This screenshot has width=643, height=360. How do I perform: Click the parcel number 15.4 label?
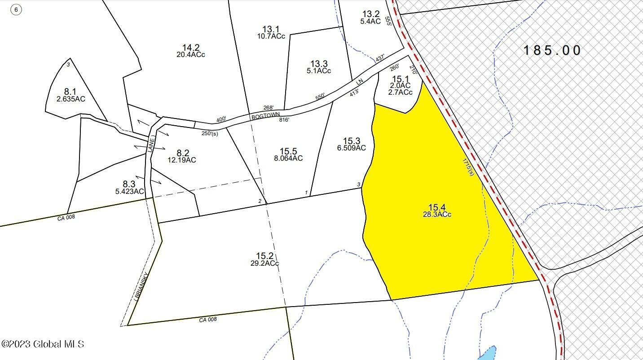pos(436,207)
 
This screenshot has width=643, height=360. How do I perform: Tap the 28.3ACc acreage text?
pos(436,215)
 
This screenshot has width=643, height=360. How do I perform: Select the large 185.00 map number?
pos(552,50)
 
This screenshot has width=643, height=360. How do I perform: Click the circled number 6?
pos(16,9)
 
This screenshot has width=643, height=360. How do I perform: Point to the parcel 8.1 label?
pos(70,92)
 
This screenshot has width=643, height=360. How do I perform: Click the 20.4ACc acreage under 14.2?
pos(191,55)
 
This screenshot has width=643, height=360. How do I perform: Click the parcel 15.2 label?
pos(264,256)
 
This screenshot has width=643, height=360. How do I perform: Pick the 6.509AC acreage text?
pos(352,148)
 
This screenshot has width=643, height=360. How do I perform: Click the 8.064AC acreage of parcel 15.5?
pos(288,158)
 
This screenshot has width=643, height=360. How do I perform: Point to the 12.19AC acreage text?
pos(181,160)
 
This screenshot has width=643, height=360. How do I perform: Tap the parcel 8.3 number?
pos(129,184)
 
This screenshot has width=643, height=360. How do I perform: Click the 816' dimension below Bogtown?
pos(284,120)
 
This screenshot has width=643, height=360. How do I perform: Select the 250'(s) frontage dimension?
pos(210,133)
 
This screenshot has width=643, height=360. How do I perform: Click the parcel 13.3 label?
pos(319,64)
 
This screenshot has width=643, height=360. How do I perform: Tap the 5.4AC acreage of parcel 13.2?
pos(370,21)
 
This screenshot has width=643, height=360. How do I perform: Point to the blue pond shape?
pos(488,353)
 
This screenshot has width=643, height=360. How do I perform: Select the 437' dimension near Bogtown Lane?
pos(381,59)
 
